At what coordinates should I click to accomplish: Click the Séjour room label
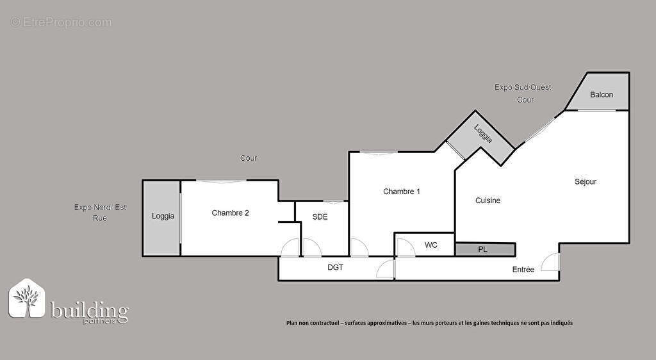pyautogui.click(x=585, y=181)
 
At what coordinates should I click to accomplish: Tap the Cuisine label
pyautogui.click(x=488, y=200)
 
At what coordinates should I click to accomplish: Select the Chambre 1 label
pyautogui.click(x=402, y=192)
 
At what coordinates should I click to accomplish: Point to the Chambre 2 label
pyautogui.click(x=230, y=213)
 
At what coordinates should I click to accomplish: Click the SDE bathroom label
pyautogui.click(x=320, y=217)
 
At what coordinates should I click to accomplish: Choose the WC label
pyautogui.click(x=431, y=245)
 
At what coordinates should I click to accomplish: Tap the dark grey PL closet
pyautogui.click(x=485, y=249)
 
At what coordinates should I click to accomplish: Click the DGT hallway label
pyautogui.click(x=335, y=268)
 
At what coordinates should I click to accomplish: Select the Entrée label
pyautogui.click(x=523, y=270)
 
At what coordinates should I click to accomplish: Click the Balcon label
pyautogui.click(x=602, y=95)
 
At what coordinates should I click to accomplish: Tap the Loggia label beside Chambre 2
pyautogui.click(x=163, y=217)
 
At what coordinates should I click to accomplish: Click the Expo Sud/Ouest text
pyautogui.click(x=523, y=88)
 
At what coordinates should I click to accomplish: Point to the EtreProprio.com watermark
pyautogui.click(x=61, y=22)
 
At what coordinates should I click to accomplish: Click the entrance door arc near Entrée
pyautogui.click(x=550, y=263)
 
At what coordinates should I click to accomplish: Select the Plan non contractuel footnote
pyautogui.click(x=429, y=323)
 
